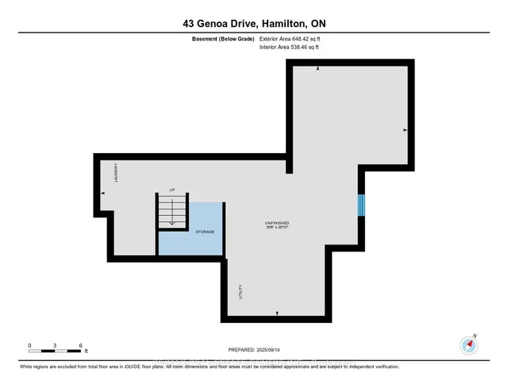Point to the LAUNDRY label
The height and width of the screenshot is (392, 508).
tap(114, 174)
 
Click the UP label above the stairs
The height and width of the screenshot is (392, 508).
tap(171, 190)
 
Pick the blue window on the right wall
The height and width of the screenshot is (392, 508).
tap(361, 205)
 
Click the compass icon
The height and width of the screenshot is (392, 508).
tap(468, 345)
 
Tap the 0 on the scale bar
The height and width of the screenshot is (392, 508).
tap(29, 346)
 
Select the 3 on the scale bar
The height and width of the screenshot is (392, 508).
tap(55, 346)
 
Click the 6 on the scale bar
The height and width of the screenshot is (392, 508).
tap(81, 346)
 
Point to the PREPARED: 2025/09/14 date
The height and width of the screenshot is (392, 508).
tap(253, 349)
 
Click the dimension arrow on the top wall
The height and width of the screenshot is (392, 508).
tap(318, 70)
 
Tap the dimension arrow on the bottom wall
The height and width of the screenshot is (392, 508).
tap(277, 314)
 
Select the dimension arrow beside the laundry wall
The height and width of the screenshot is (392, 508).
tap(102, 194)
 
